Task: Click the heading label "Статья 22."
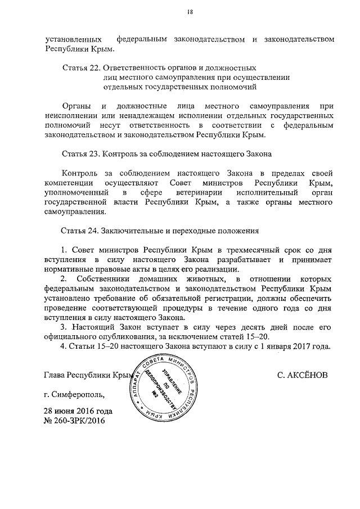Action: click(x=80, y=67)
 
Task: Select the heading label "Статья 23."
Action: click(x=80, y=153)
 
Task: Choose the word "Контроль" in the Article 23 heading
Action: click(x=121, y=153)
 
